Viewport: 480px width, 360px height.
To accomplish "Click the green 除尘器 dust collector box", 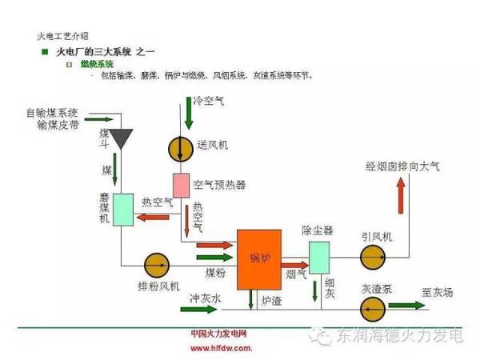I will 320,257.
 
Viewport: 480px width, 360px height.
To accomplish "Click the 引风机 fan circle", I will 372,258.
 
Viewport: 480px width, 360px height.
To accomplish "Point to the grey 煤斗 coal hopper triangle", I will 122,138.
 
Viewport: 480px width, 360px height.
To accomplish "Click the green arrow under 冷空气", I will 188,117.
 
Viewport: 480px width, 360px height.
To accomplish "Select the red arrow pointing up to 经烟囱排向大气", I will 400,192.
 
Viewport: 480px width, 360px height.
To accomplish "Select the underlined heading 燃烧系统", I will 97,63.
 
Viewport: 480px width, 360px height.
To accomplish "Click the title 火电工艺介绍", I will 63,36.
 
